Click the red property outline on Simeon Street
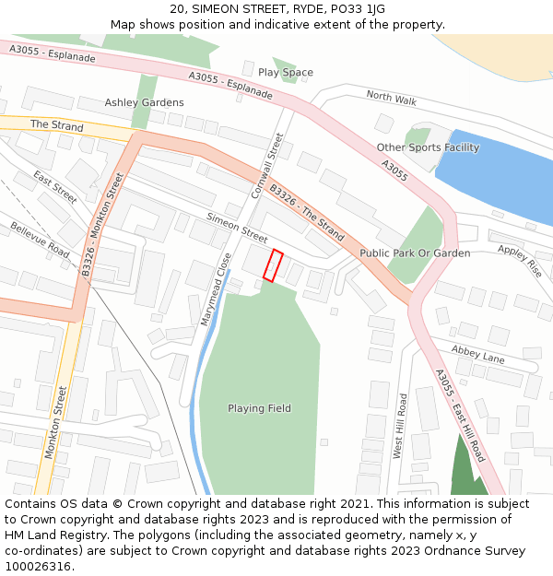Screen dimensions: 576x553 tap(273, 265)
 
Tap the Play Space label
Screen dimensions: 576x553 tap(286, 72)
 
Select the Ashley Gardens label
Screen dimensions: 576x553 tap(144, 102)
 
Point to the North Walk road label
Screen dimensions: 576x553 tap(391, 98)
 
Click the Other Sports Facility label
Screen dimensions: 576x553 tap(428, 147)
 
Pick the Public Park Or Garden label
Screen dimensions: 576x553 tap(415, 253)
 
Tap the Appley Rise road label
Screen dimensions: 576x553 tap(520, 262)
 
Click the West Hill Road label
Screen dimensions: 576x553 tap(400, 427)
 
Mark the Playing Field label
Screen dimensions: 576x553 tap(259, 407)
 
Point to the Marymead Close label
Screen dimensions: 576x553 tap(215, 289)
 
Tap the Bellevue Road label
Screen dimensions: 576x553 tap(40, 240)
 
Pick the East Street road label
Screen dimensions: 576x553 tap(55, 187)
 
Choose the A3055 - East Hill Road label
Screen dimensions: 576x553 tap(459, 415)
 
